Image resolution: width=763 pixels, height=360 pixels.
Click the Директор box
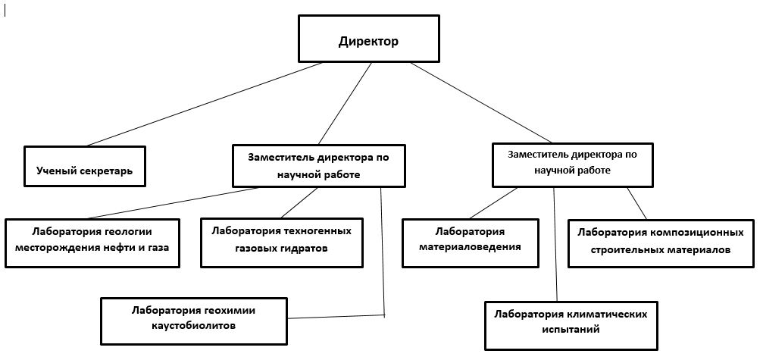tap(369, 39)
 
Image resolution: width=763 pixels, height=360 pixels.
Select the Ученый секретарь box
tap(85, 167)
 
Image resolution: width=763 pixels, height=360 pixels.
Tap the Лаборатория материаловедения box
tap(470, 243)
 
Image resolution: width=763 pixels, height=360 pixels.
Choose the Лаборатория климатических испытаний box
tap(571, 325)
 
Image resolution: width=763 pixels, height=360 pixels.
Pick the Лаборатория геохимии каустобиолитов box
tap(194, 321)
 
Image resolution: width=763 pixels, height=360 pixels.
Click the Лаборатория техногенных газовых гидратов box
tap(282, 243)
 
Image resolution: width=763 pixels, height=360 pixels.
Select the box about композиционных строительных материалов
tap(661, 243)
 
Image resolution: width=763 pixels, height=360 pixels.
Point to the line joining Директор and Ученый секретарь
tap(205, 104)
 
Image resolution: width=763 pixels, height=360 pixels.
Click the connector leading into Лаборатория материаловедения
tap(493, 203)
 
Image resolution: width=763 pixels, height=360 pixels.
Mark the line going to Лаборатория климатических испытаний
tap(555, 244)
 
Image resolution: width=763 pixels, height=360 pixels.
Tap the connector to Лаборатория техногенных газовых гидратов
tap(299, 203)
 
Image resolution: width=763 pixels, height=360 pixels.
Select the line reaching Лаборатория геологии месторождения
tap(173, 203)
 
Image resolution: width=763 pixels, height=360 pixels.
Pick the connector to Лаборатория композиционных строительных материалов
tap(636, 203)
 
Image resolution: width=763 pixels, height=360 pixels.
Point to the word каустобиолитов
tap(194, 325)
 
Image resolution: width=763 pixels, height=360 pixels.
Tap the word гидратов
tap(305, 248)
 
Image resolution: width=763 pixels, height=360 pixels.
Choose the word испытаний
tap(571, 330)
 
